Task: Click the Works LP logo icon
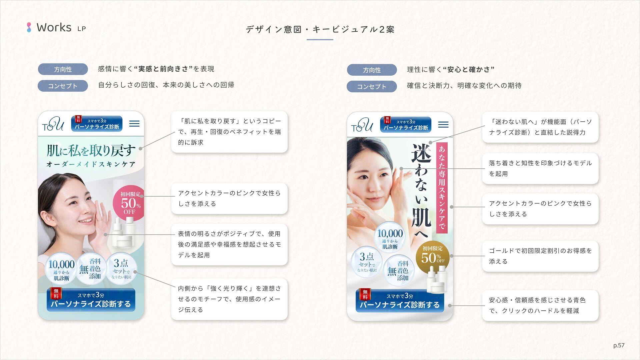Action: pyautogui.click(x=29, y=27)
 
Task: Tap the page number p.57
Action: pyautogui.click(x=619, y=345)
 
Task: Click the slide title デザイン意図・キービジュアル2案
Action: pyautogui.click(x=320, y=29)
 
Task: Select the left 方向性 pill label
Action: pyautogui.click(x=63, y=69)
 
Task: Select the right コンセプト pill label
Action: pyautogui.click(x=372, y=87)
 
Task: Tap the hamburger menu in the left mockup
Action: pyautogui.click(x=134, y=124)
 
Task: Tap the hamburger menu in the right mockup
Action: pyautogui.click(x=443, y=125)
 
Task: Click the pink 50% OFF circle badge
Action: pyautogui.click(x=130, y=203)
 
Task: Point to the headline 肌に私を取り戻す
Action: pyautogui.click(x=91, y=151)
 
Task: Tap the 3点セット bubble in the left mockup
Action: pyautogui.click(x=122, y=268)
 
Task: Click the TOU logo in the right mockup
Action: pyautogui.click(x=362, y=125)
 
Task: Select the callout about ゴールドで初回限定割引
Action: pyautogui.click(x=540, y=256)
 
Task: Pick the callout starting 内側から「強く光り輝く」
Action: pyautogui.click(x=229, y=299)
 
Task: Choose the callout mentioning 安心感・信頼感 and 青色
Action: pyautogui.click(x=540, y=305)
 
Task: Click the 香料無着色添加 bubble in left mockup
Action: pyautogui.click(x=91, y=269)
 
